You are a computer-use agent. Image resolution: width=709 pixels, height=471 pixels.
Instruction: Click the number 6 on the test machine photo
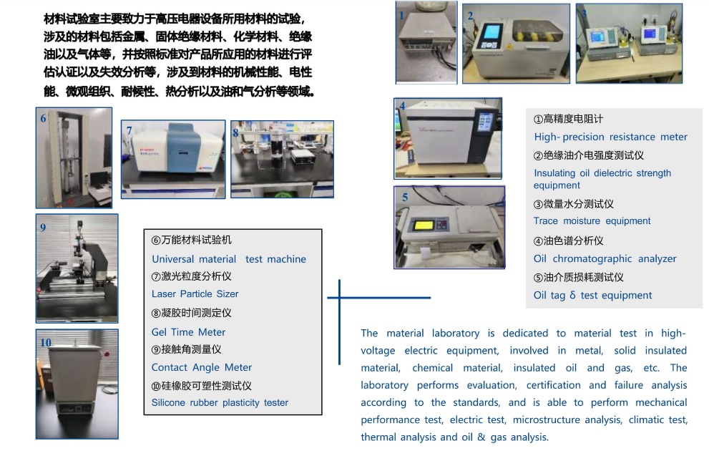pos(43,119)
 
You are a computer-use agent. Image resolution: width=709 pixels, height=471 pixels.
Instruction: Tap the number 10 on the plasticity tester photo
pos(46,342)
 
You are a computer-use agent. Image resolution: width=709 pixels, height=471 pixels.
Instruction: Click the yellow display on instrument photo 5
pos(424,225)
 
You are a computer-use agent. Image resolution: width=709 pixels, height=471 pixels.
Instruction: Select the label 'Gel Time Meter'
pos(188,332)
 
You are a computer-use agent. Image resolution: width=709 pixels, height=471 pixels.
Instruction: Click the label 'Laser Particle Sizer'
pos(195,294)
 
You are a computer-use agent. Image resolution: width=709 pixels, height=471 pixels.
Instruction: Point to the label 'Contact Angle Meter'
pos(201,367)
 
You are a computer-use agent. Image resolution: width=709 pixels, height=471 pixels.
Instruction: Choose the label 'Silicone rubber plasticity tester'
pos(220,403)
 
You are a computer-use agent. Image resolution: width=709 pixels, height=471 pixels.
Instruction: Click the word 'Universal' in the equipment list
pos(172,259)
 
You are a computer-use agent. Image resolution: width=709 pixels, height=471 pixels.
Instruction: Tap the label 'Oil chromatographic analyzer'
pos(605,259)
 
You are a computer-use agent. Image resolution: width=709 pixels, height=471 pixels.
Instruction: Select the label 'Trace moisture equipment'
pos(592,220)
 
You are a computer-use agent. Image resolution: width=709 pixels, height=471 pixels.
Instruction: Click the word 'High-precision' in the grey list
pos(569,137)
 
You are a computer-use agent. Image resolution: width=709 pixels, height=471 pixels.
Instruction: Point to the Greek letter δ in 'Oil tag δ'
pos(572,295)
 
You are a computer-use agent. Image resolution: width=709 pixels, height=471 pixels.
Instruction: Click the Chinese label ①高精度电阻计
pos(568,119)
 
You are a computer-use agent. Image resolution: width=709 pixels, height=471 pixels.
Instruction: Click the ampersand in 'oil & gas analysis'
pos(481,437)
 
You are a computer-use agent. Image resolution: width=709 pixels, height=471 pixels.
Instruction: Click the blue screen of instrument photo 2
pos(491,31)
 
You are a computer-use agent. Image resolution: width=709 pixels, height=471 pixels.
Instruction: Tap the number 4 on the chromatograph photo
pos(402,106)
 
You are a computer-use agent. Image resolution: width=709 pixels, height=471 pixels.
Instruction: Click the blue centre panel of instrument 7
pos(184,147)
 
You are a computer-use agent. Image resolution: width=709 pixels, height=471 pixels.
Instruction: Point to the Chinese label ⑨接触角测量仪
pos(186,349)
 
